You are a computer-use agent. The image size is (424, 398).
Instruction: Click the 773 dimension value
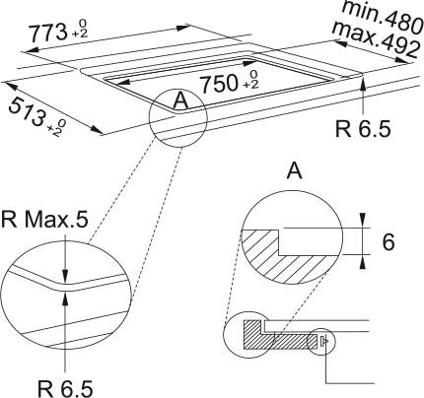point(48,33)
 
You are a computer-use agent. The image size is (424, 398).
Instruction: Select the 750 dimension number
point(219,84)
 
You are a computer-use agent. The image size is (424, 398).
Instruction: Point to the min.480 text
point(383,17)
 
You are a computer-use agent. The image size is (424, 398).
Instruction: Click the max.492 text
point(377,39)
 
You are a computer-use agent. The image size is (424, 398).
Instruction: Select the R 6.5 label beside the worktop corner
point(363,129)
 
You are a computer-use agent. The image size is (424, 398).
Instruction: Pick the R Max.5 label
point(44,220)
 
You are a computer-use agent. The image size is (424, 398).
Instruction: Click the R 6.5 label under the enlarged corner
point(65,389)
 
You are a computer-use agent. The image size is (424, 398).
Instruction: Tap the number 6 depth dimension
point(389,242)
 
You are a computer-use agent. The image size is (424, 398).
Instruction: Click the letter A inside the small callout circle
point(180,100)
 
